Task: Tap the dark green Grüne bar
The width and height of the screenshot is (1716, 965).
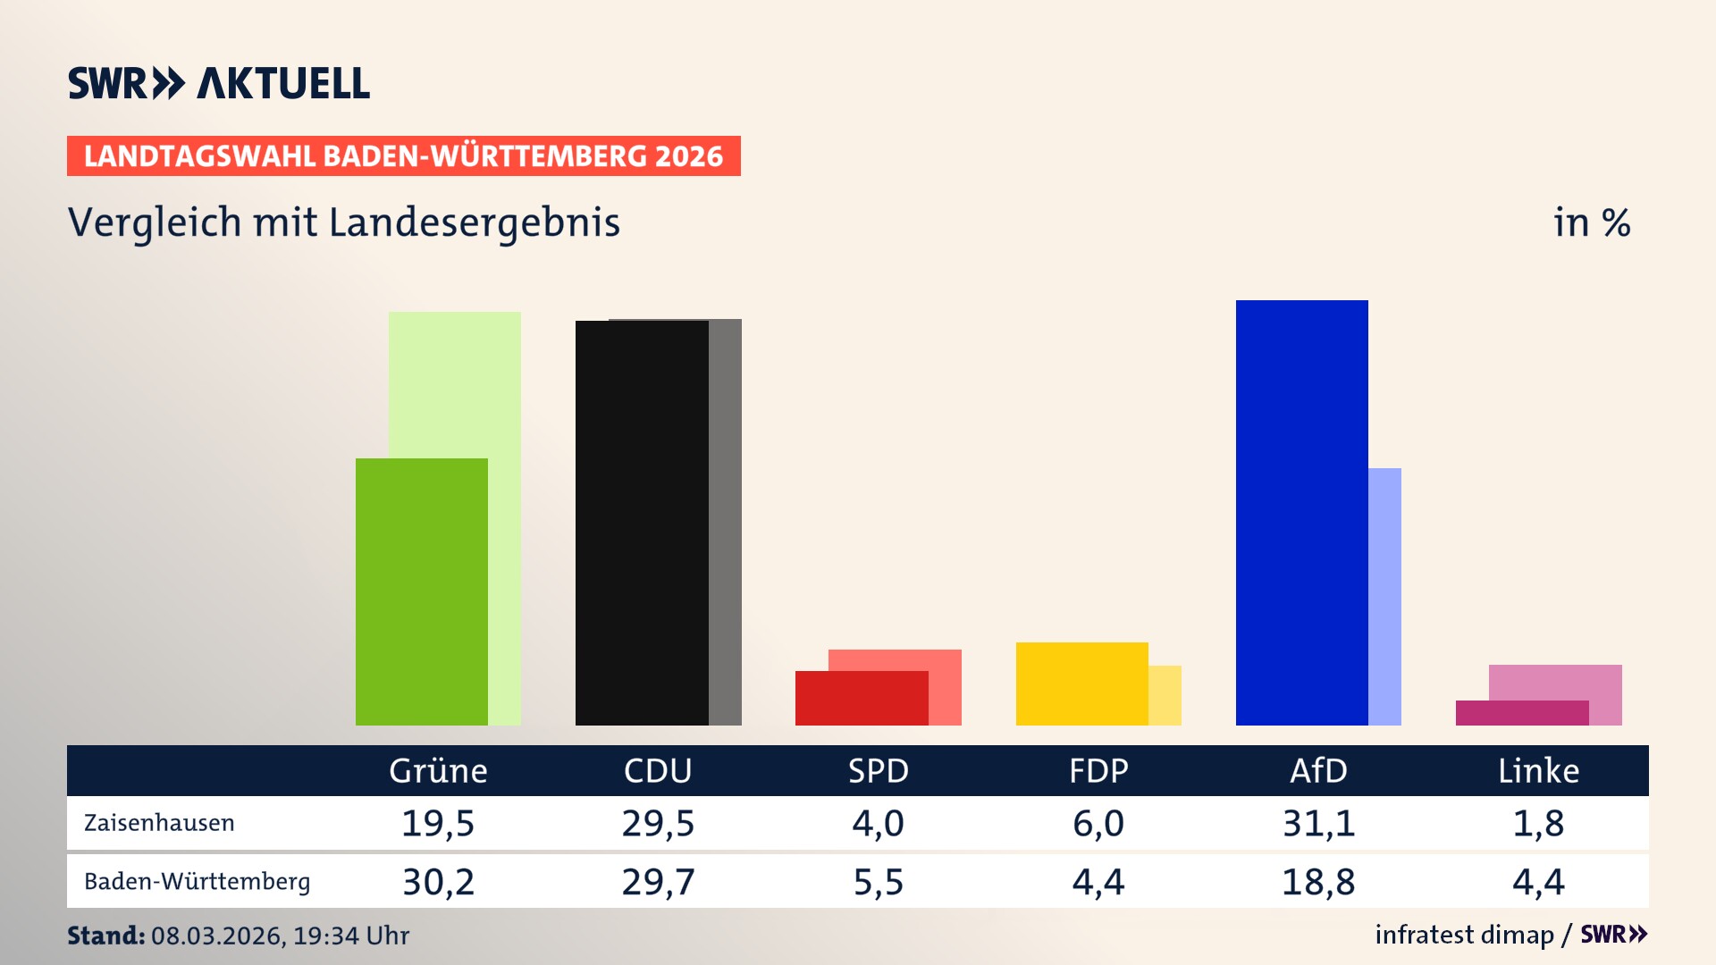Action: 422,592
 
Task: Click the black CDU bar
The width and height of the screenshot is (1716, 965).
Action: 642,523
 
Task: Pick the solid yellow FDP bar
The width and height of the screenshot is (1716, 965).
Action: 1081,684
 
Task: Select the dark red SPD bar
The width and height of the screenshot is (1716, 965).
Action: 862,698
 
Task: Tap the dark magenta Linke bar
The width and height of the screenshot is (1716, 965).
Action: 1521,713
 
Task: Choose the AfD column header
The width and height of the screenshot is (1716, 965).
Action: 1318,771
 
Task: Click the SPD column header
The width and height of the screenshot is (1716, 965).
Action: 878,771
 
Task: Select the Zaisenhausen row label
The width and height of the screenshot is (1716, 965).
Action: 159,823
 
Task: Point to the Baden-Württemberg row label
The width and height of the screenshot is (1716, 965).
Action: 197,882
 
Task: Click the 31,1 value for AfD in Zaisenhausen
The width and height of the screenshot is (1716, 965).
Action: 1318,823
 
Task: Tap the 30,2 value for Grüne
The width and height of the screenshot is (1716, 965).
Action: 438,882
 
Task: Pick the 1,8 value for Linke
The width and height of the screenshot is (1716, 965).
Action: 1538,823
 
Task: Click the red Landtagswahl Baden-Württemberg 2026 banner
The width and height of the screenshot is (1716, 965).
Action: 403,156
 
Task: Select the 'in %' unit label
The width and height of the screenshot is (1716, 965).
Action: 1591,222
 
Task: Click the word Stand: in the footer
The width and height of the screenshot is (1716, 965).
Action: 105,936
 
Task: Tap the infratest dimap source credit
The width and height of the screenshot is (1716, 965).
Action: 1464,935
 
